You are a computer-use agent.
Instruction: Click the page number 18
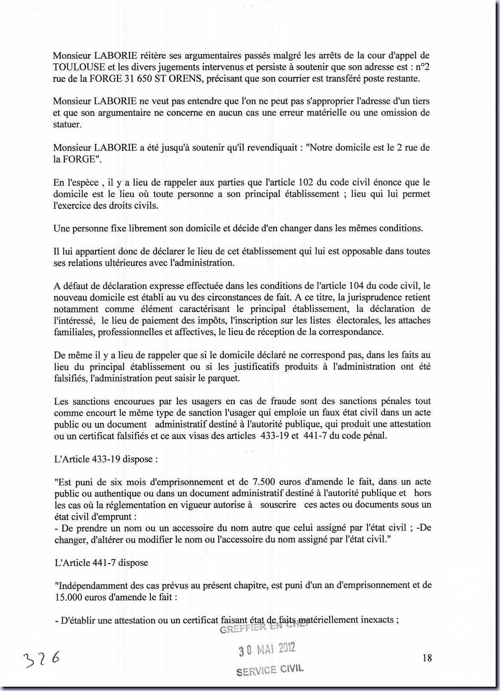point(427,658)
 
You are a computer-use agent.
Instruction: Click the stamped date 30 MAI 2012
point(267,649)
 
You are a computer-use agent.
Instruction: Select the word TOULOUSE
point(79,67)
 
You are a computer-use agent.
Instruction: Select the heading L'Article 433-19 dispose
point(106,459)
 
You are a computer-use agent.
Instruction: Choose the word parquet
point(225,378)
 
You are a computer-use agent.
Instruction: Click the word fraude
point(283,401)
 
